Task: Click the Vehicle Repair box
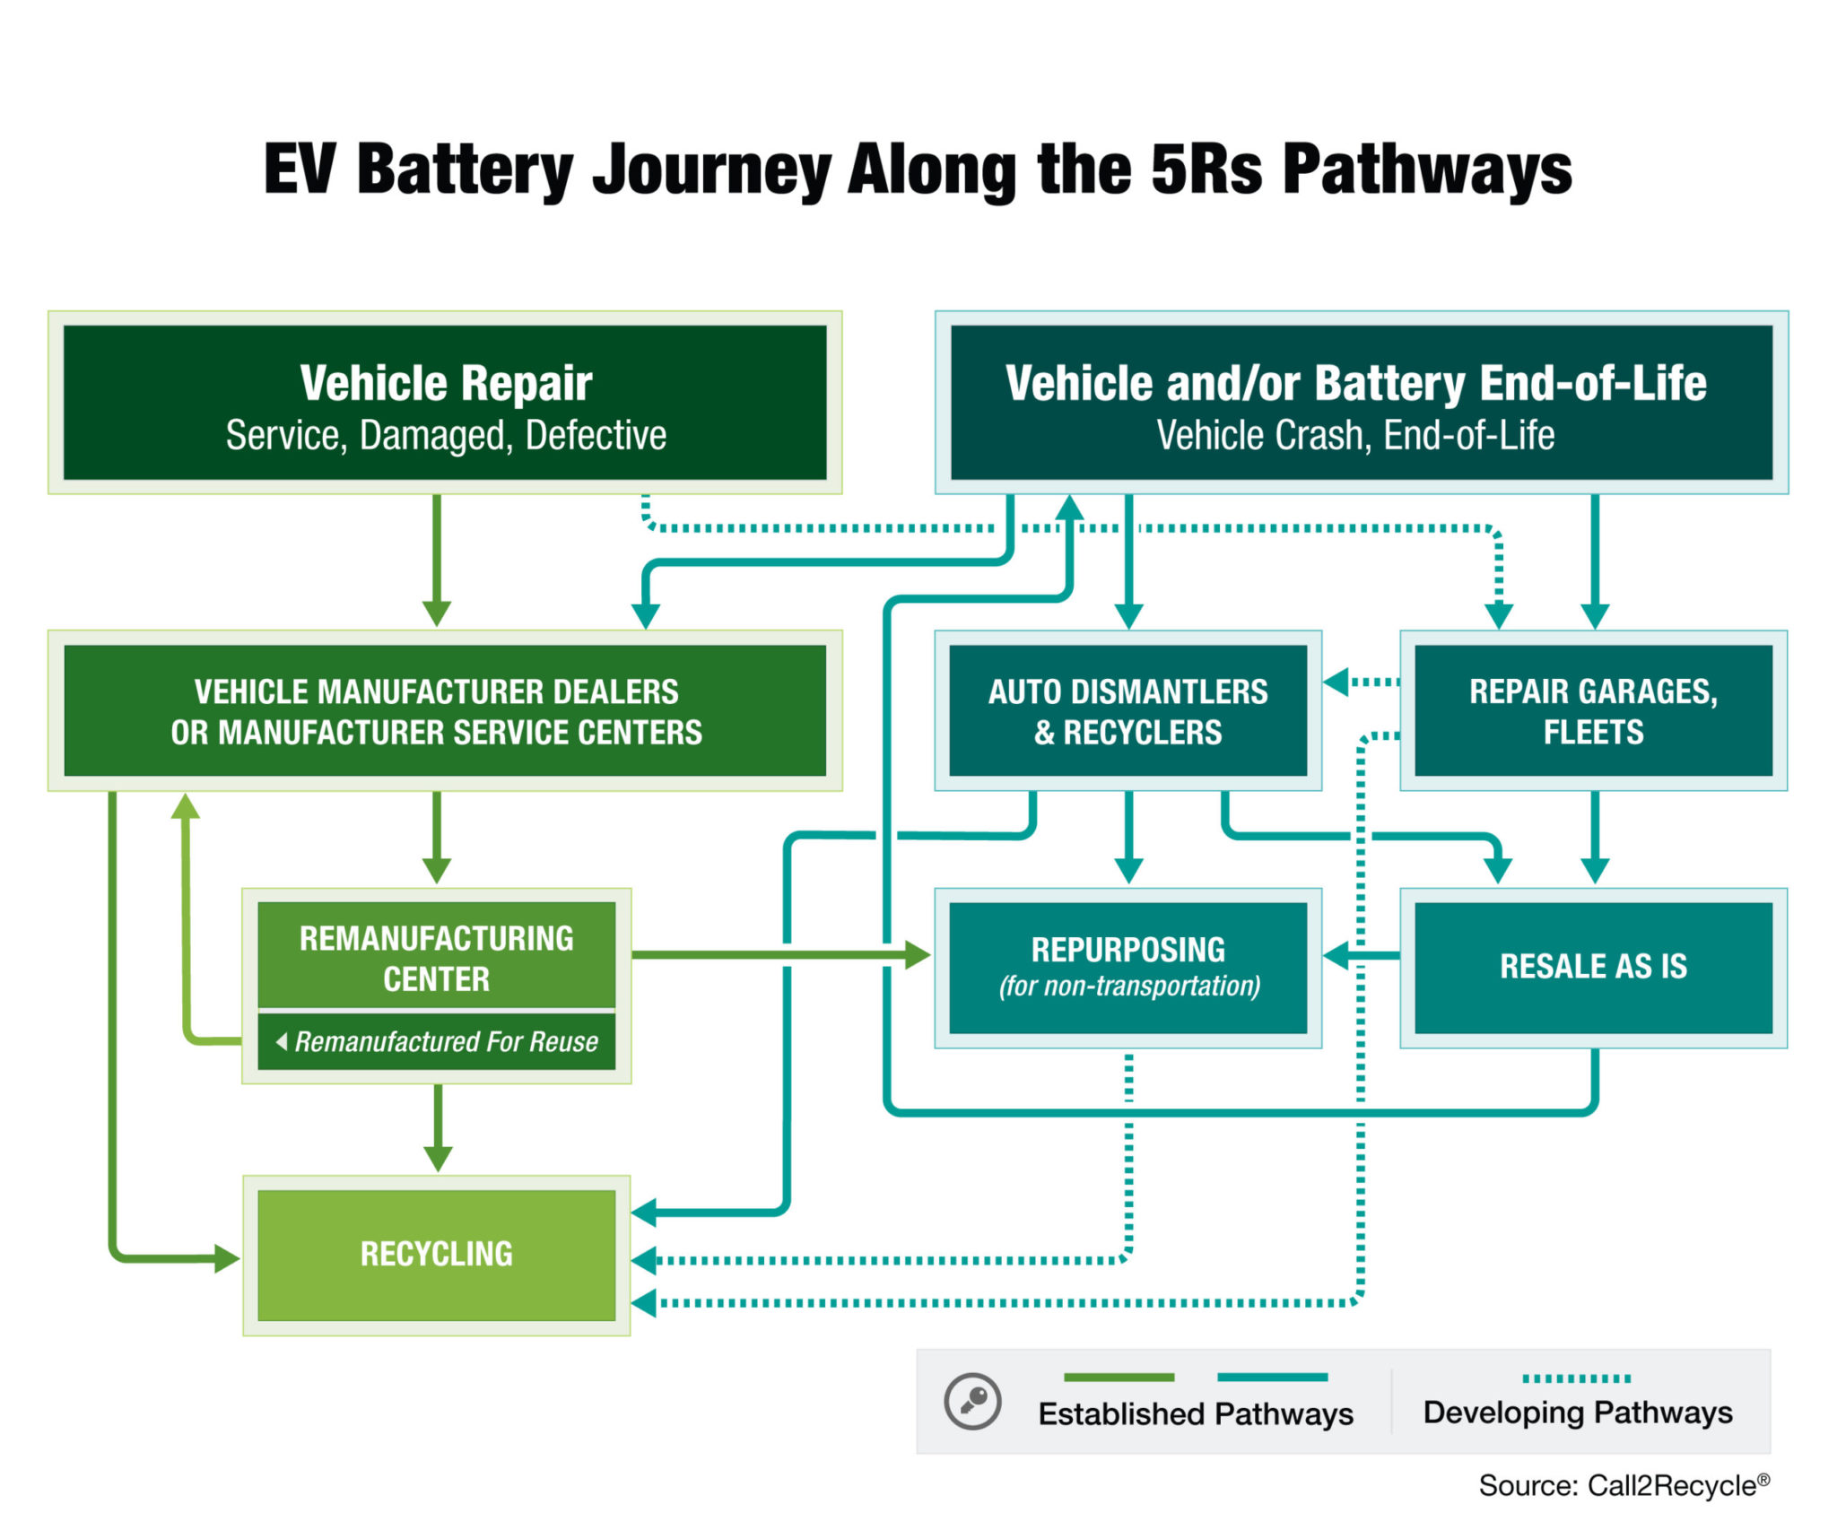(x=445, y=403)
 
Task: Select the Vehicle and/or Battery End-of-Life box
(x=1361, y=403)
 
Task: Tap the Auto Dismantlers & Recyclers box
(x=1127, y=710)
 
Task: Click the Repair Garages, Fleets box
(x=1593, y=710)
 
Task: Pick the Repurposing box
(x=1127, y=968)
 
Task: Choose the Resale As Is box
(x=1593, y=968)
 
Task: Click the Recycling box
(x=437, y=1255)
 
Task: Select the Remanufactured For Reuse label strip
(x=437, y=1041)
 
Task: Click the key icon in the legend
(x=972, y=1400)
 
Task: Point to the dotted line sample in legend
(x=1576, y=1378)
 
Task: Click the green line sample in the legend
(x=1119, y=1378)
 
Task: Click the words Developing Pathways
(x=1577, y=1413)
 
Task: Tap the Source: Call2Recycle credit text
(x=1624, y=1485)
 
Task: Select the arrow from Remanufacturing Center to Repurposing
(x=780, y=955)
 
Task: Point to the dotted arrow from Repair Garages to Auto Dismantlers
(x=1362, y=682)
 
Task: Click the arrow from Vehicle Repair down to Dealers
(x=437, y=561)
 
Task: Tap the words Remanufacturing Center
(x=437, y=958)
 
